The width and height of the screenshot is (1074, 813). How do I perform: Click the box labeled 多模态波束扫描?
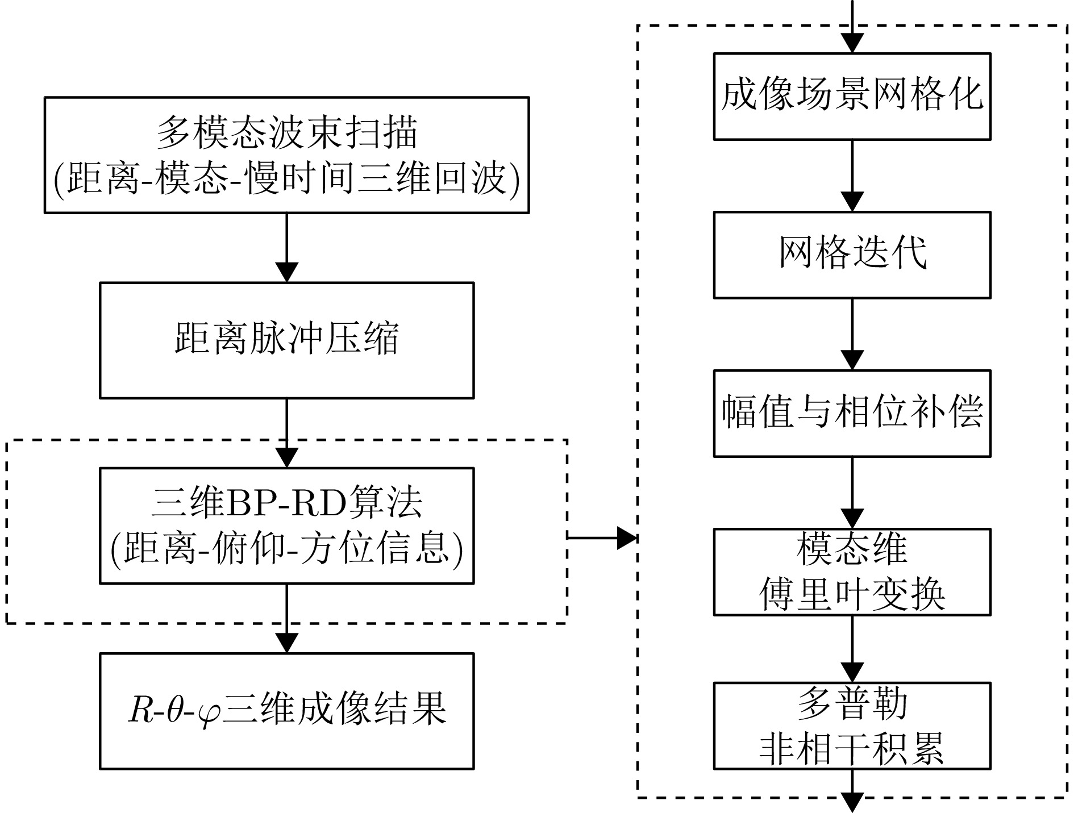pyautogui.click(x=286, y=155)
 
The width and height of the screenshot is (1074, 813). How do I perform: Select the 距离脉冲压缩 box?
pyautogui.click(x=286, y=340)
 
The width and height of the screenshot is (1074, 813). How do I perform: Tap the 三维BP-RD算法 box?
pyautogui.click(x=286, y=526)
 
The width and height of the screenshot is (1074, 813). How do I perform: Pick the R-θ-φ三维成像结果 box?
pyautogui.click(x=286, y=711)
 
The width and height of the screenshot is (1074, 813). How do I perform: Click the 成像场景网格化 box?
pyautogui.click(x=852, y=96)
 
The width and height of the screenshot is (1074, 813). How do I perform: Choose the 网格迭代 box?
pyautogui.click(x=852, y=255)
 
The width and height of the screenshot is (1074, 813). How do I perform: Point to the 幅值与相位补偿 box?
pyautogui.click(x=852, y=413)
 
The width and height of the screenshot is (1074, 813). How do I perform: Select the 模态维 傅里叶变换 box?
pyautogui.click(x=852, y=572)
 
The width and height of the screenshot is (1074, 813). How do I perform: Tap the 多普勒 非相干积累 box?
pyautogui.click(x=852, y=726)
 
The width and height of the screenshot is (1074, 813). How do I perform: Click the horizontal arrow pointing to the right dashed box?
pyautogui.click(x=602, y=537)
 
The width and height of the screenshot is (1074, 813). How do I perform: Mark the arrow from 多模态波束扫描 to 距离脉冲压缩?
pyautogui.click(x=286, y=248)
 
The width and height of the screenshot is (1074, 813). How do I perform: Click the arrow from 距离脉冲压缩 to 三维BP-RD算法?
pyautogui.click(x=286, y=433)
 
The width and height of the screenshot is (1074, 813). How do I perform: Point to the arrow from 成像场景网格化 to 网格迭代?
pyautogui.click(x=852, y=176)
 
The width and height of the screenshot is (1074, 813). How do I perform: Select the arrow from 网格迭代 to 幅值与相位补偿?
pyautogui.click(x=852, y=335)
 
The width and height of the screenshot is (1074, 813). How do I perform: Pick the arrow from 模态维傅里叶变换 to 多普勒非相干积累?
pyautogui.click(x=852, y=649)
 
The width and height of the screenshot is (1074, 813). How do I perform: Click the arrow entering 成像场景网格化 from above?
pyautogui.click(x=852, y=28)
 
